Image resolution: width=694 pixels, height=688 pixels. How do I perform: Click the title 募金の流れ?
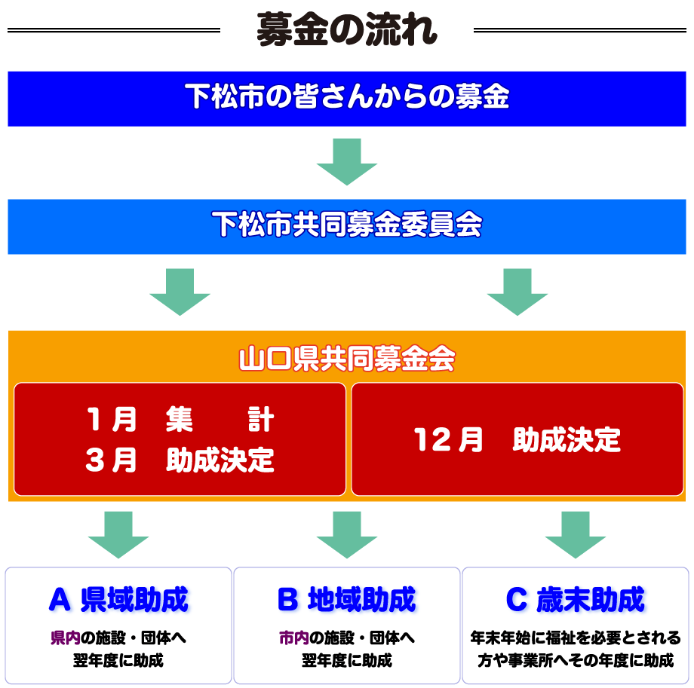click(x=346, y=29)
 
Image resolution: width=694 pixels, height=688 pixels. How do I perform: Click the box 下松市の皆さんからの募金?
click(x=346, y=98)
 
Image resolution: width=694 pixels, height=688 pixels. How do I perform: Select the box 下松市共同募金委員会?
click(x=346, y=225)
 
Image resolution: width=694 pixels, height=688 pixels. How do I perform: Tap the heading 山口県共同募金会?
click(x=346, y=359)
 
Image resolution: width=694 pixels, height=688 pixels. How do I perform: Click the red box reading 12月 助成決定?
click(x=517, y=439)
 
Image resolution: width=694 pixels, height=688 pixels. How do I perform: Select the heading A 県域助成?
click(x=118, y=600)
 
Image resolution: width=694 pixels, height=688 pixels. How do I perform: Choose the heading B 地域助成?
click(x=346, y=600)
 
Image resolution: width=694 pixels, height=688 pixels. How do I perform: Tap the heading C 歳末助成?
click(x=575, y=600)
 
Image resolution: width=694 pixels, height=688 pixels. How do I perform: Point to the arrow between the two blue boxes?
click(x=346, y=161)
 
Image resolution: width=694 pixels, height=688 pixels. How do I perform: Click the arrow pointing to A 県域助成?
click(x=118, y=534)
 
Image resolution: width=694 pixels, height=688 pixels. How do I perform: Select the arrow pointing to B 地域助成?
click(x=346, y=534)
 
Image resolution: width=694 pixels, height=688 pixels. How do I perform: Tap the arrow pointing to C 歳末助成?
click(x=575, y=534)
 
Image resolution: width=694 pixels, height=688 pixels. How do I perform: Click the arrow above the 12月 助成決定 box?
click(x=517, y=291)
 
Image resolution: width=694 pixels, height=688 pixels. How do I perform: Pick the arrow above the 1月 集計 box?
click(x=180, y=291)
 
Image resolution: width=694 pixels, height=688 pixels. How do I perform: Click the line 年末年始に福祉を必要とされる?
click(x=575, y=638)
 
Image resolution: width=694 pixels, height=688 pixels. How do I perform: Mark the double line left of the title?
click(x=113, y=31)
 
